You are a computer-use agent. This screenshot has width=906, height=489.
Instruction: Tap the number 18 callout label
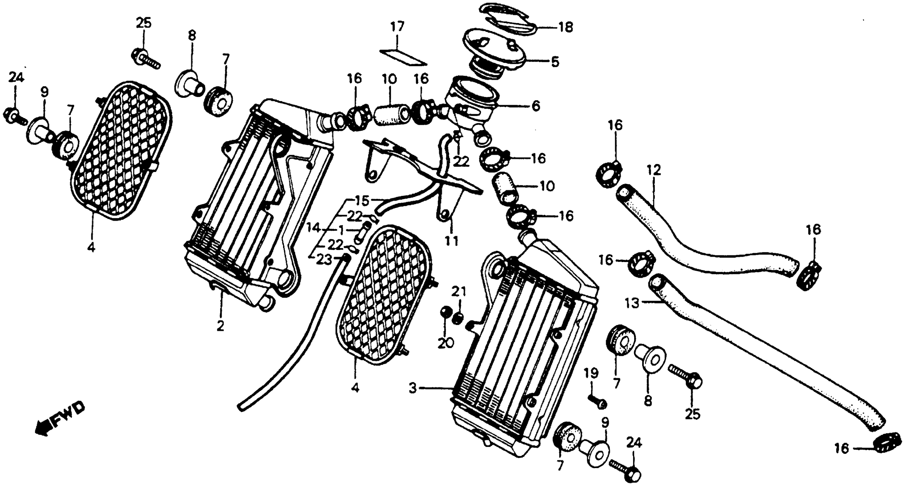[x=565, y=27]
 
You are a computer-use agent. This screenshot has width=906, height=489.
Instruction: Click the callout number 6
[x=535, y=106]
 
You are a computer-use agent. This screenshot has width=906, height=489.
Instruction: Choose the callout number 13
[x=632, y=303]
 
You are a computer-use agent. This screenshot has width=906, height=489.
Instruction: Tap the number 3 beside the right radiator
[x=413, y=389]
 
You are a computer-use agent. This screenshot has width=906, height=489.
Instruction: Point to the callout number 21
[x=459, y=292]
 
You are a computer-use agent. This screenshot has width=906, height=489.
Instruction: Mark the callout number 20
[x=446, y=343]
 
